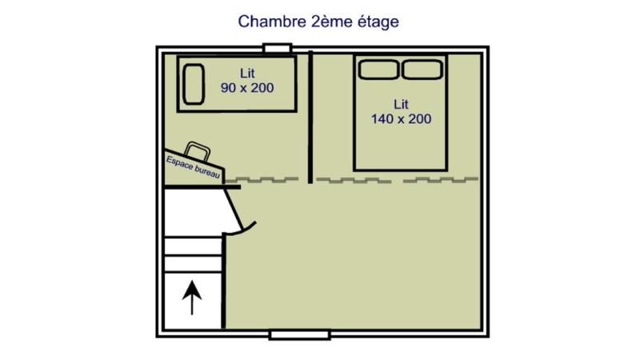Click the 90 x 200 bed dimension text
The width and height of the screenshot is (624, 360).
coord(247,87)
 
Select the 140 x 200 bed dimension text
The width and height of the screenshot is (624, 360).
coord(401,118)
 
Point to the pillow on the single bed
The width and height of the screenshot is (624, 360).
coord(194,84)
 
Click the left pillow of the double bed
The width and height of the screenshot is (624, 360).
coord(378,70)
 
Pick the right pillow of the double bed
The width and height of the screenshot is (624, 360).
coord(422,70)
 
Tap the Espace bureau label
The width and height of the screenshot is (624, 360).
coord(193,167)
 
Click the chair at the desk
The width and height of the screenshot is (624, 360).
coord(198,150)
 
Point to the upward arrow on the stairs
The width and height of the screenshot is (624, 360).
coord(192,297)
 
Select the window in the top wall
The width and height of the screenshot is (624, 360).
coord(278,48)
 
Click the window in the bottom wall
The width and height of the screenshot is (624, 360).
coord(300,335)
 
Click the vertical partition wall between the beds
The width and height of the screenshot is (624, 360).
coord(310,117)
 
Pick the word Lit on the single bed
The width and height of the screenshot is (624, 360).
coord(247,73)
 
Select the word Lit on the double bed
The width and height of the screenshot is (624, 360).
coord(401,104)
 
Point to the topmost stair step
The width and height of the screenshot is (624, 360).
coord(193,246)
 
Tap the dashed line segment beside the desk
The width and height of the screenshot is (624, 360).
coord(262,180)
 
